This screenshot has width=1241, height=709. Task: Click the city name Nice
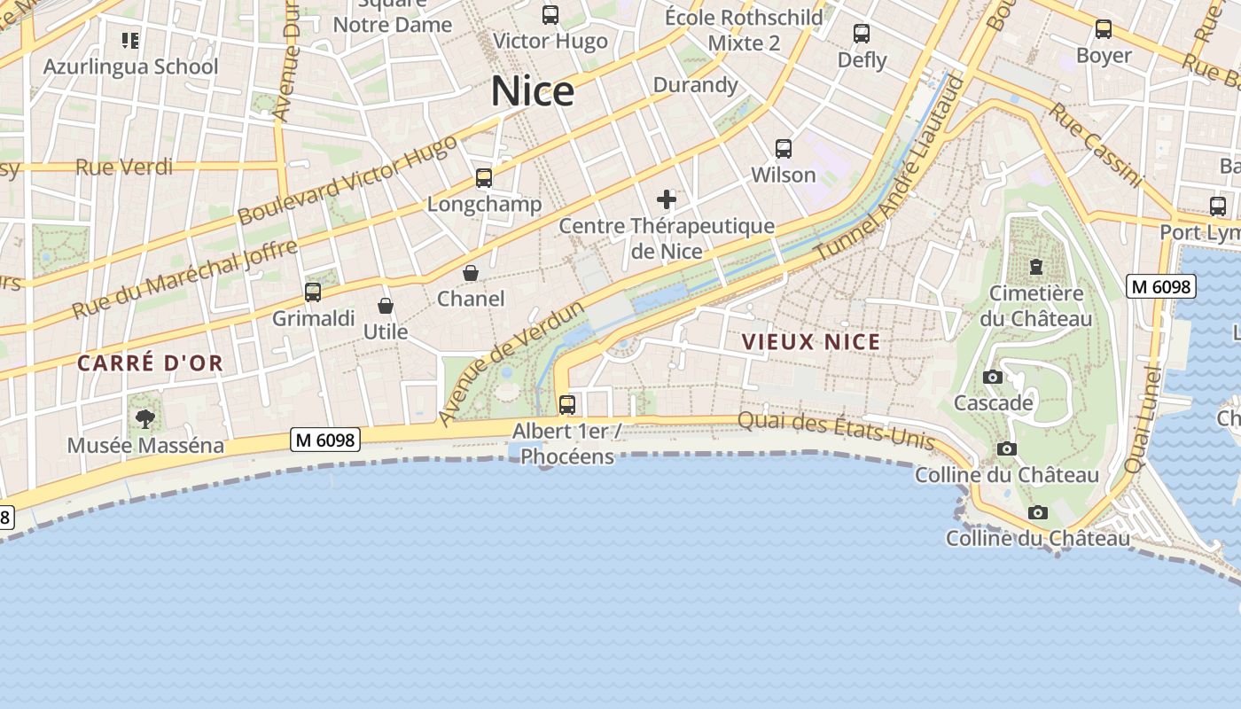(x=533, y=91)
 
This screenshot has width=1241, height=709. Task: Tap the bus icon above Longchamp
(x=484, y=178)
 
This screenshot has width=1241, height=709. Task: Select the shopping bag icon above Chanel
(x=471, y=272)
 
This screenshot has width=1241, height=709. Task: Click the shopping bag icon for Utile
(x=386, y=306)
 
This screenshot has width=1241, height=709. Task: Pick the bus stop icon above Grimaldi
(x=313, y=292)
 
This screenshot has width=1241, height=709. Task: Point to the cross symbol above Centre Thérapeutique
(x=667, y=199)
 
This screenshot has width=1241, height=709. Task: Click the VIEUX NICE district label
(x=811, y=342)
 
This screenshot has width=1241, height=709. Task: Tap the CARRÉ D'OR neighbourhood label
(x=150, y=362)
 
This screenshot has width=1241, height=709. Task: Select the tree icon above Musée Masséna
(x=145, y=418)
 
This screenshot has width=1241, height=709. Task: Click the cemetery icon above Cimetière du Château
(x=1035, y=266)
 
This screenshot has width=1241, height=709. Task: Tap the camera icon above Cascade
(x=993, y=378)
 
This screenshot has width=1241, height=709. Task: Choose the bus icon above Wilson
(x=784, y=148)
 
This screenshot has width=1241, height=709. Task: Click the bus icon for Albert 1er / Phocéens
(x=567, y=405)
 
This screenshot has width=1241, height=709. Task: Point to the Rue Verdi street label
(x=124, y=167)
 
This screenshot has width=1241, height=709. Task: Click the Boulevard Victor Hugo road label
(x=347, y=180)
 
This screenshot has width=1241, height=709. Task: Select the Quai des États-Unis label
(x=836, y=429)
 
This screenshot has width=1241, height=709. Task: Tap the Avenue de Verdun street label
(x=512, y=362)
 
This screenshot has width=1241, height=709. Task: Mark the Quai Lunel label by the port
(x=1143, y=420)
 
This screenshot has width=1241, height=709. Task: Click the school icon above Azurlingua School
(x=130, y=40)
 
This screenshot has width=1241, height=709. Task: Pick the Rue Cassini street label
(x=1096, y=144)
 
